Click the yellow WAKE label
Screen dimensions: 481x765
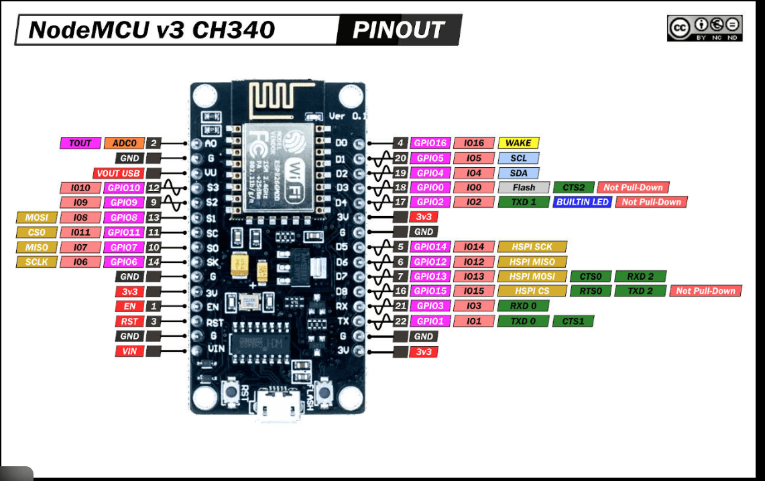518,143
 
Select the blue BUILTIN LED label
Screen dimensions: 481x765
583,202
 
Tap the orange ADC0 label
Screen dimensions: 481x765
124,143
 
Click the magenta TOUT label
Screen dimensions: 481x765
80,143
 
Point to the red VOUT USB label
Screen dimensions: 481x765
117,173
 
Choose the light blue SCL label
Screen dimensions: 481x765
518,158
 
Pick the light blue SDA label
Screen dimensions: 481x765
518,173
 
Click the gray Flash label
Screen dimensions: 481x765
524,188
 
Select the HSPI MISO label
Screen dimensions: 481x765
532,262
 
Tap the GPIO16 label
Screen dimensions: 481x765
429,143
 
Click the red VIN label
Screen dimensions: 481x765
129,351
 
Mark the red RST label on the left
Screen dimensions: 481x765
129,321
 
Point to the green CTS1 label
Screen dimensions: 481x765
573,321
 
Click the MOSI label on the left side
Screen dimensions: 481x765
36,217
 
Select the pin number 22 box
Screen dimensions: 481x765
401,321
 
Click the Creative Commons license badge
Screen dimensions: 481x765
705,28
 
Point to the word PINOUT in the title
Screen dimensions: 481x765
398,30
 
